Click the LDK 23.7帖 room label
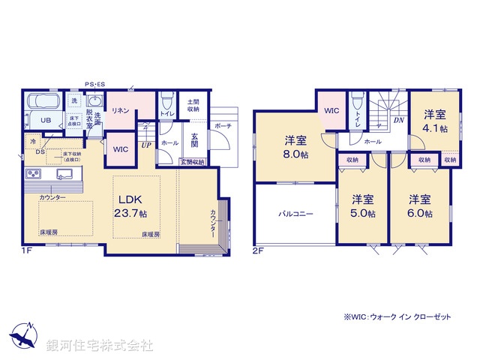click(x=135, y=205)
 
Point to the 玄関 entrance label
click(x=193, y=140)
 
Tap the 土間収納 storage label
click(x=193, y=106)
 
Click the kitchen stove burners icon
click(x=34, y=175)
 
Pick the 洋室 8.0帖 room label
click(x=295, y=147)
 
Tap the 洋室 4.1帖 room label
click(x=435, y=121)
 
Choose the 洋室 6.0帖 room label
click(x=420, y=207)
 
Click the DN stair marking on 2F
click(x=399, y=120)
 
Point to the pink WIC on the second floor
click(x=332, y=109)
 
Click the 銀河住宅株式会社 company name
click(x=100, y=346)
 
